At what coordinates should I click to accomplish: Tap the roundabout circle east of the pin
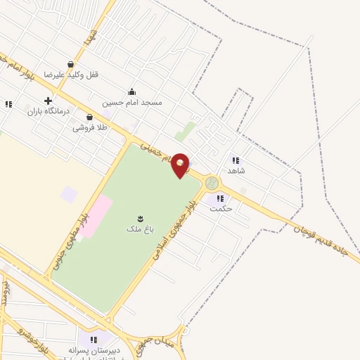pyautogui.click(x=212, y=184)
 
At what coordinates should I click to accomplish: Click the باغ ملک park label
pyautogui.click(x=135, y=229)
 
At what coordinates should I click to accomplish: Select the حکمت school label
pyautogui.click(x=221, y=209)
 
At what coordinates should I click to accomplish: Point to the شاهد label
pyautogui.click(x=236, y=171)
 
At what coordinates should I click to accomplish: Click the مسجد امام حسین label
pyautogui.click(x=132, y=102)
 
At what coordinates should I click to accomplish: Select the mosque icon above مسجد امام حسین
pyautogui.click(x=131, y=91)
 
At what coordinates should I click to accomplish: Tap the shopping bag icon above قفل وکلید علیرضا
pyautogui.click(x=70, y=64)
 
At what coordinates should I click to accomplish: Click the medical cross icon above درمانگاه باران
pyautogui.click(x=48, y=101)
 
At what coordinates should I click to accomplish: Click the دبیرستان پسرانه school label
pyautogui.click(x=95, y=349)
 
